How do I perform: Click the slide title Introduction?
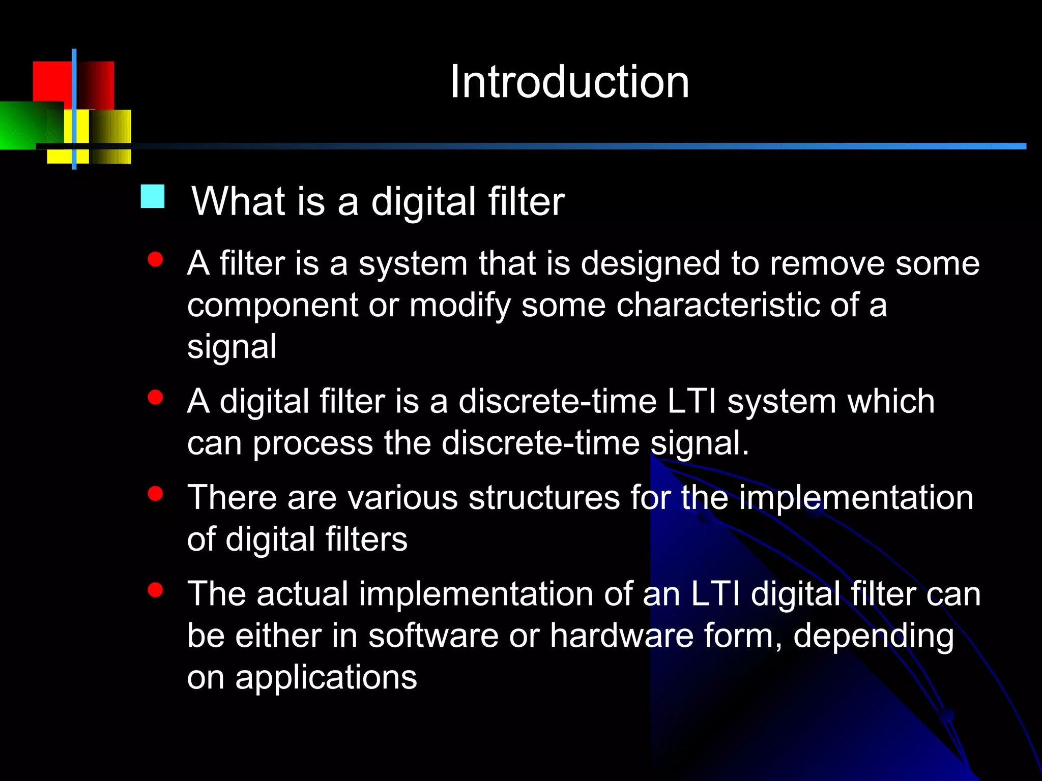(569, 82)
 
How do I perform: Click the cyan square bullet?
(153, 196)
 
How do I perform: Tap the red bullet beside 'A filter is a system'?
(155, 260)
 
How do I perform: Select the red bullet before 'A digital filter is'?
(155, 398)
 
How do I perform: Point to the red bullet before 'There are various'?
(155, 494)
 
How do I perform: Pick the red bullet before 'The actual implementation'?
(155, 590)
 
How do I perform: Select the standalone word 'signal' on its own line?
(232, 348)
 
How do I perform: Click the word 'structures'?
(544, 497)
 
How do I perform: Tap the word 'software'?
(433, 636)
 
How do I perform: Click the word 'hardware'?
(621, 636)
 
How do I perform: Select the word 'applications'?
(326, 678)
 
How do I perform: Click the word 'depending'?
(873, 637)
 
